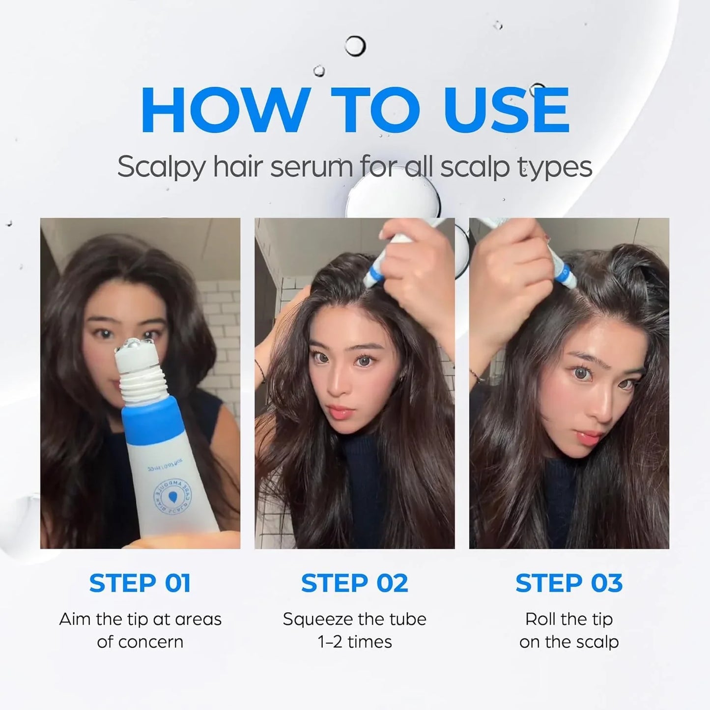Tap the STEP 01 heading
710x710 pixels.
(140, 583)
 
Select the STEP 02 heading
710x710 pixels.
(354, 583)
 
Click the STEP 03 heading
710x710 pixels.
(569, 583)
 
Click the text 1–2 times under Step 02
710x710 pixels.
(354, 642)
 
